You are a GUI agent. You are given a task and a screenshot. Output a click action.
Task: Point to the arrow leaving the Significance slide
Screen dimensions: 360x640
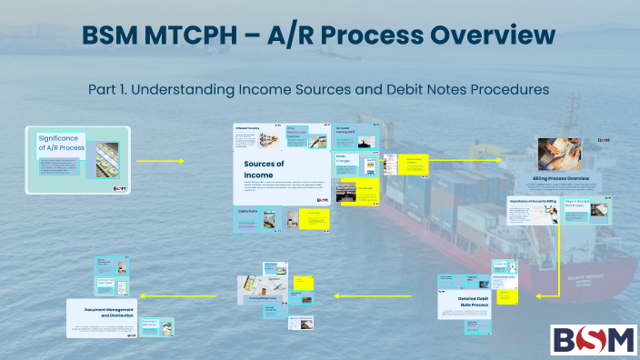point(160,161)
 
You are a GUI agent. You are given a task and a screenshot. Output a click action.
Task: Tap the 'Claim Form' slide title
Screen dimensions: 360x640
point(248,210)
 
